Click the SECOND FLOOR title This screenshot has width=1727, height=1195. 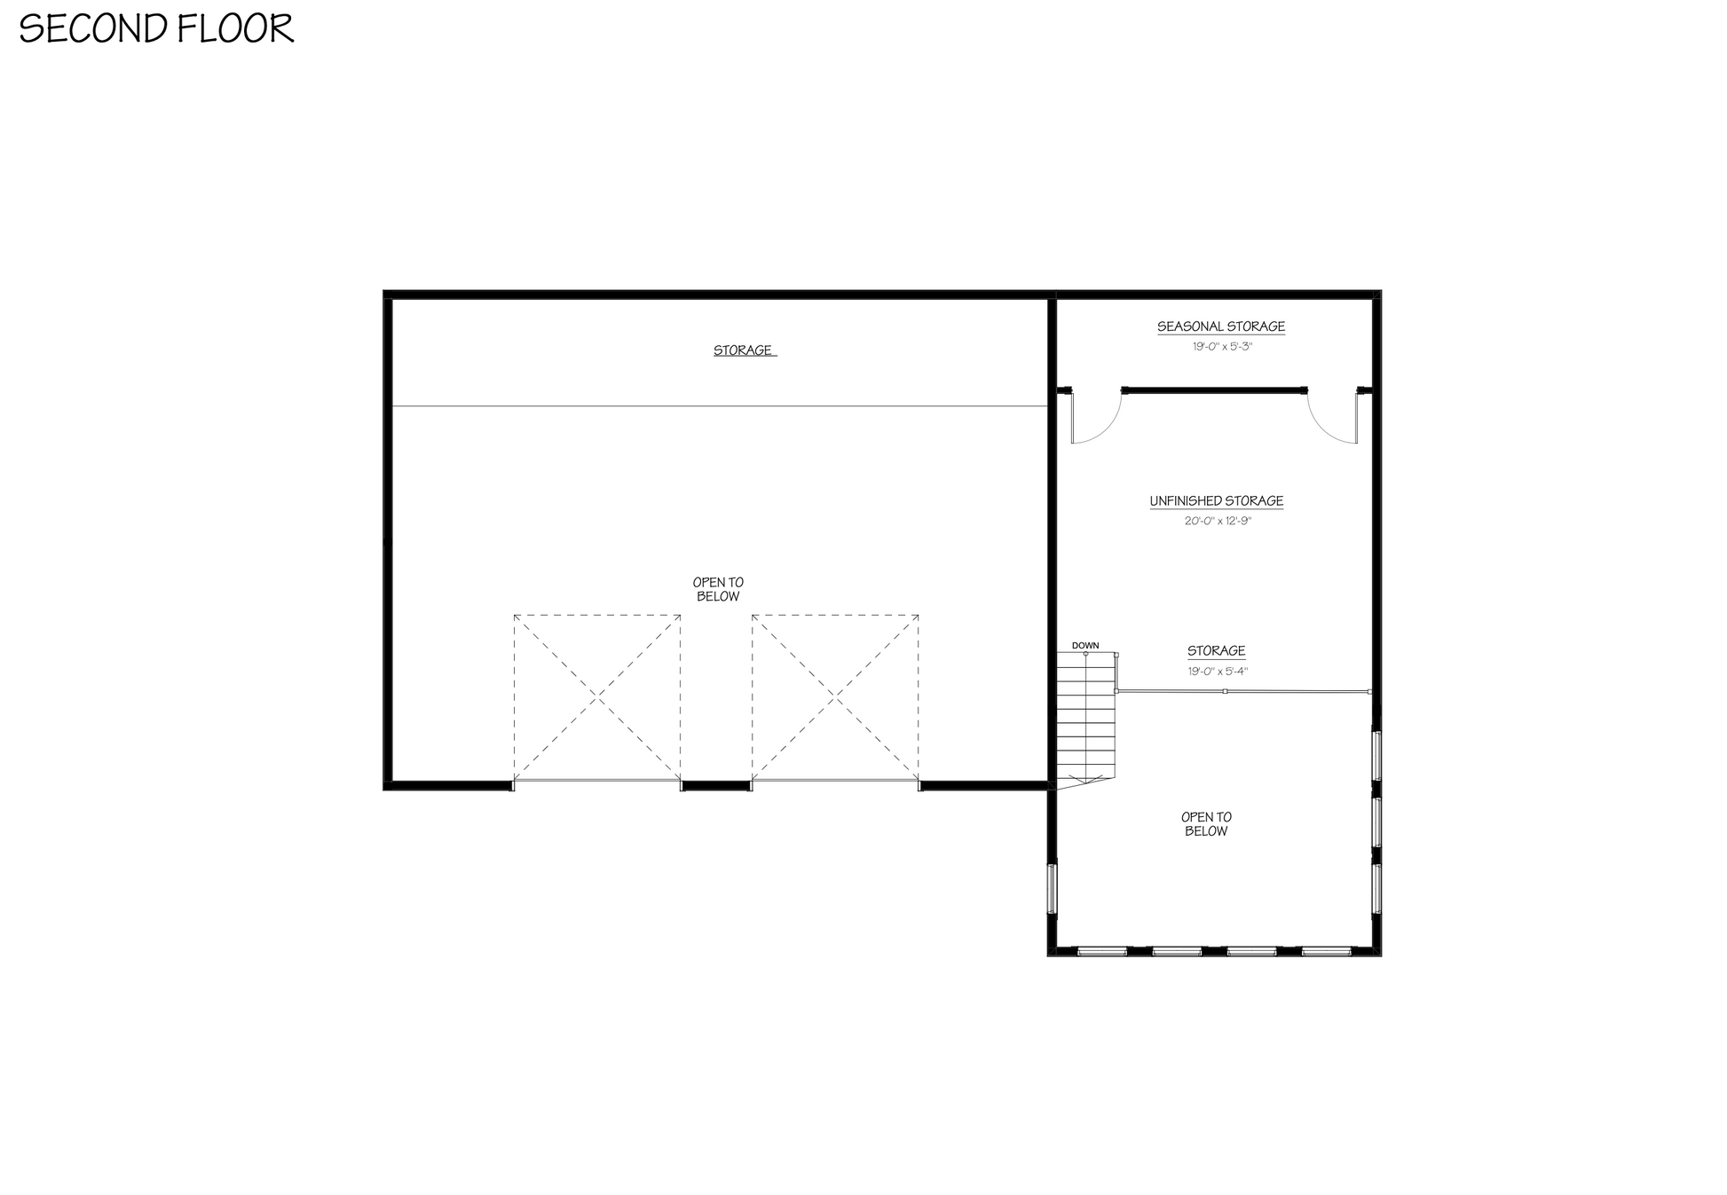click(156, 28)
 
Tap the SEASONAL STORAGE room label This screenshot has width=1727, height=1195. click(1220, 326)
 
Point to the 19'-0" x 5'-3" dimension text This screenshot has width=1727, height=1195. click(1222, 346)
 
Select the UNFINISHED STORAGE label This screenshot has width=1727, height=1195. click(1217, 501)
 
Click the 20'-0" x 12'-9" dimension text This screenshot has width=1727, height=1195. click(1218, 521)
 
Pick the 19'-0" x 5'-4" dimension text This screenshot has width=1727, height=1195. click(1218, 672)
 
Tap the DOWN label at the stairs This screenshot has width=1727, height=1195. click(1085, 645)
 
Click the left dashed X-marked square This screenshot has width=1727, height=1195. click(597, 697)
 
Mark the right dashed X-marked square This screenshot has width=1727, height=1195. click(835, 697)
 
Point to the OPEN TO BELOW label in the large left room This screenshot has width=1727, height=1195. click(718, 589)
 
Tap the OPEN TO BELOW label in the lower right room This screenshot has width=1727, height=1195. click(1206, 824)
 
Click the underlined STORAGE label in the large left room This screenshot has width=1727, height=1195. click(743, 350)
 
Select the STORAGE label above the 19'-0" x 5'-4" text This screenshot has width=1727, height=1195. click(1217, 651)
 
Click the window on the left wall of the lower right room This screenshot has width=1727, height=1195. click(1053, 888)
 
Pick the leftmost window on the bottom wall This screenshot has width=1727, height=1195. click(1102, 951)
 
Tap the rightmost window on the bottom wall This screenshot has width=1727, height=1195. click(1326, 951)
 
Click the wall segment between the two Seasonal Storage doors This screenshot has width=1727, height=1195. click(1214, 389)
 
